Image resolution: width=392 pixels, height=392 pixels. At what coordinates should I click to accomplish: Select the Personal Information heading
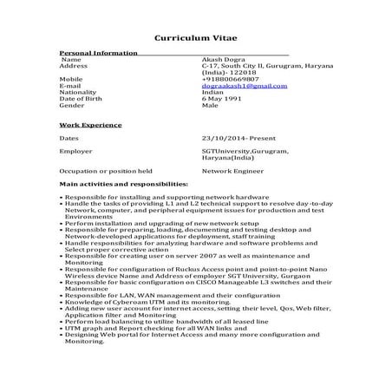(x=97, y=53)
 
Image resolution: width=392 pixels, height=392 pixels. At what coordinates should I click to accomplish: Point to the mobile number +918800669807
(x=230, y=79)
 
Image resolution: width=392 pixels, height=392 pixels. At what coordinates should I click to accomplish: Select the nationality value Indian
(x=212, y=93)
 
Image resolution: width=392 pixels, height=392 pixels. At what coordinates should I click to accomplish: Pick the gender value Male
(x=210, y=106)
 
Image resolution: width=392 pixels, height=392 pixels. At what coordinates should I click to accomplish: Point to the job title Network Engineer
(x=231, y=171)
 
